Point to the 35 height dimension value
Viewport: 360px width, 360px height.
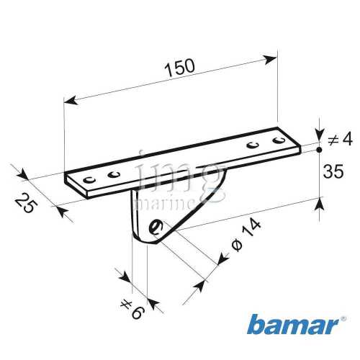(331, 171)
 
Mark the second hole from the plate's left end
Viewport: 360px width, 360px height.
(112, 174)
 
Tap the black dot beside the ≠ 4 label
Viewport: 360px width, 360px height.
(318, 151)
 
